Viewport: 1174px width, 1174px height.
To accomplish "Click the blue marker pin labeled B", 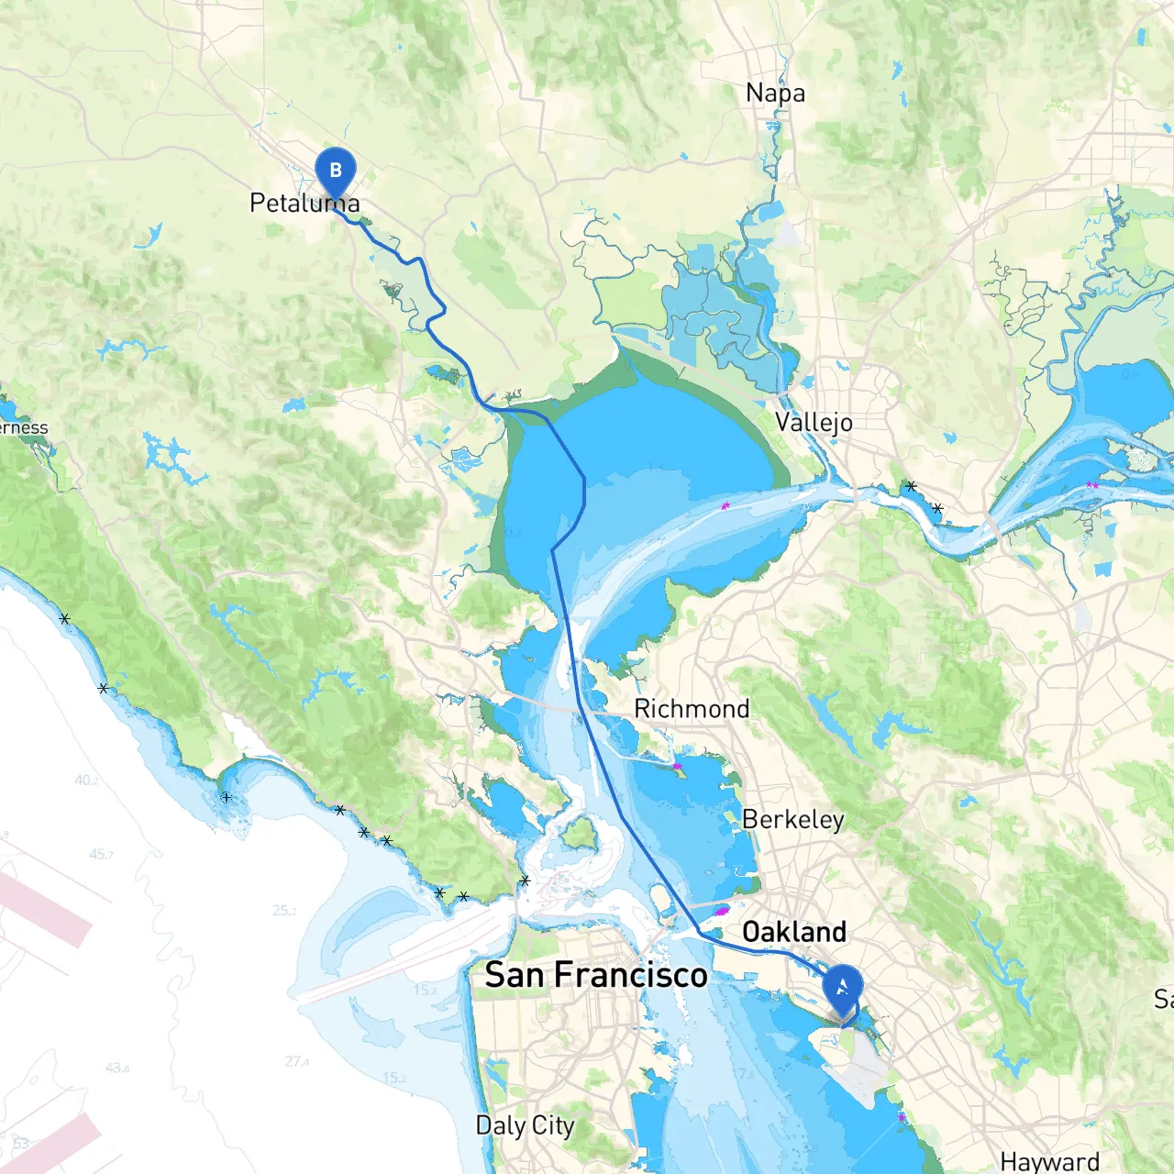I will click(335, 172).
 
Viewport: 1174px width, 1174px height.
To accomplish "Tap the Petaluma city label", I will click(305, 203).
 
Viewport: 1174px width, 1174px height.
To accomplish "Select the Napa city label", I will click(775, 93).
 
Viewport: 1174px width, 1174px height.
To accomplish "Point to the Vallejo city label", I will click(814, 422).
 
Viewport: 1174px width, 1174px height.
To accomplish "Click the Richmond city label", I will click(692, 708).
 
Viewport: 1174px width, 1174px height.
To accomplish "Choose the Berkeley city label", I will click(792, 818).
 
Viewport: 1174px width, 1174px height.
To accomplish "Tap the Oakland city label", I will click(794, 932).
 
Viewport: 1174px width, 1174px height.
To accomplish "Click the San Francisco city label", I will click(596, 974).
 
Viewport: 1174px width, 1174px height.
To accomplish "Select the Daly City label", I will click(525, 1125).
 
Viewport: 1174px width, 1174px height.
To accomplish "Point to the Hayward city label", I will click(1049, 1161).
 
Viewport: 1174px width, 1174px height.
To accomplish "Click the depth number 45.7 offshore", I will click(102, 854).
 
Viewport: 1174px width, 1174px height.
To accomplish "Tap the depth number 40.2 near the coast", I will click(86, 781).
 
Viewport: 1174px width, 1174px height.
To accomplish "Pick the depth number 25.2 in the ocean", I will click(284, 911).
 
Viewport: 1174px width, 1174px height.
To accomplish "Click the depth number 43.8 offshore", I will click(117, 1068).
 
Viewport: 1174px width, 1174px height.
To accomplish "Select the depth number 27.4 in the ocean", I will click(296, 1061).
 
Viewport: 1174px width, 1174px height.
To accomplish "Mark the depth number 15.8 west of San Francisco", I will click(425, 990).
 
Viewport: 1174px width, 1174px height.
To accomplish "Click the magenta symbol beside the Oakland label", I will click(722, 912).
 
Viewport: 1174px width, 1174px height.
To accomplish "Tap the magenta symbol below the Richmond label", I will click(678, 766).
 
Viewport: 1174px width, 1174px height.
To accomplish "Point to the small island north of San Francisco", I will click(578, 832).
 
